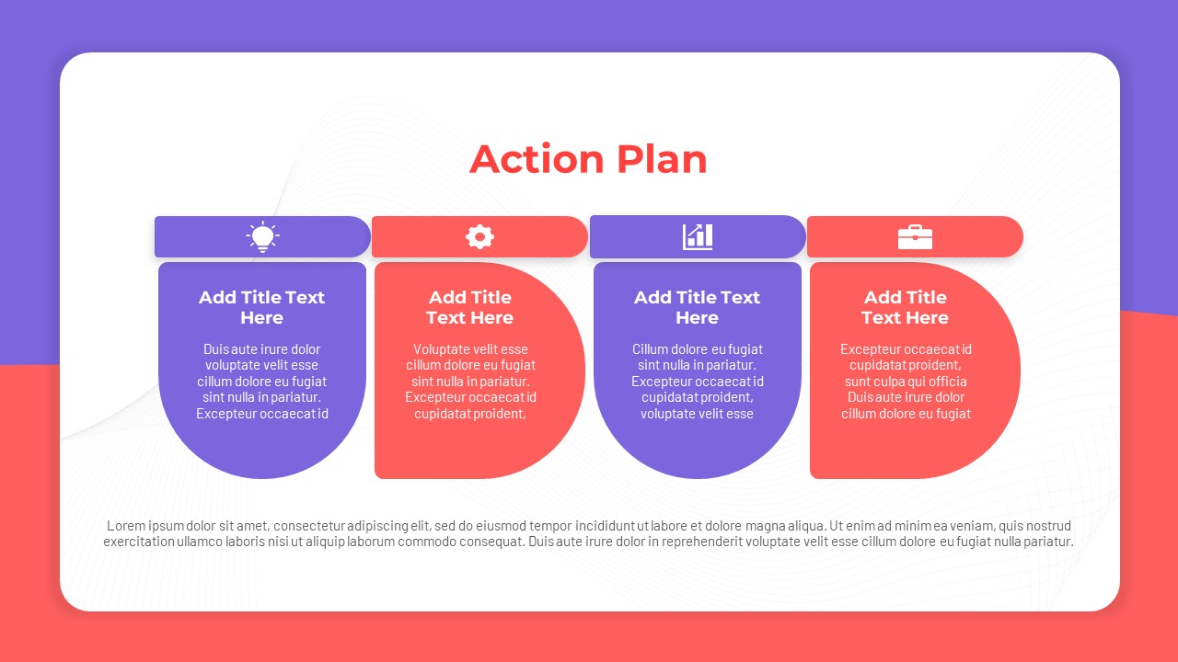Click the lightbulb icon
[262, 237]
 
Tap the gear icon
[479, 237]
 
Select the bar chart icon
[698, 237]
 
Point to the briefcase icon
[915, 237]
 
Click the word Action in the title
[537, 159]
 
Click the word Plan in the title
[662, 159]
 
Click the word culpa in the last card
[885, 382]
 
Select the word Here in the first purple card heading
[262, 318]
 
